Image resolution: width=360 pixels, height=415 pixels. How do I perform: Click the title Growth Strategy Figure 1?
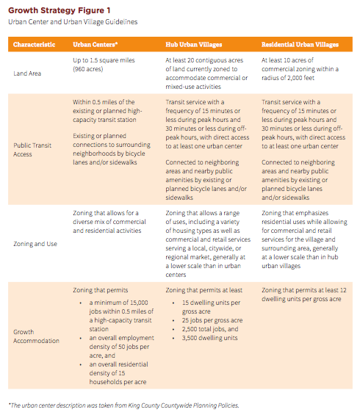click(60, 10)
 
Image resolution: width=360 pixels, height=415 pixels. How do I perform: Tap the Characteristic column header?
click(34, 45)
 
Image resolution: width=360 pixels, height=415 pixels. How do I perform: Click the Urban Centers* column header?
click(97, 45)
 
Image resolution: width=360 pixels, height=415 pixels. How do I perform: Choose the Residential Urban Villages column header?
click(300, 45)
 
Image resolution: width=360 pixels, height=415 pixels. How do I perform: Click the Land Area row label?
click(29, 73)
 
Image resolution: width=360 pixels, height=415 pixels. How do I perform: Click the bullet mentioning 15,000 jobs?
click(118, 311)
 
